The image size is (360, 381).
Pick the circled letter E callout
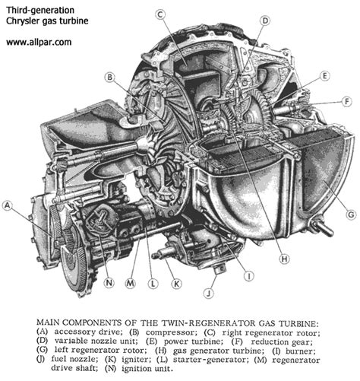coord(324,76)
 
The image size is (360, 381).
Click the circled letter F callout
coord(346,100)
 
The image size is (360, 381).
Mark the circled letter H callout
coord(283,259)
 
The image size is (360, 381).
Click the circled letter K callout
coord(176,284)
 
